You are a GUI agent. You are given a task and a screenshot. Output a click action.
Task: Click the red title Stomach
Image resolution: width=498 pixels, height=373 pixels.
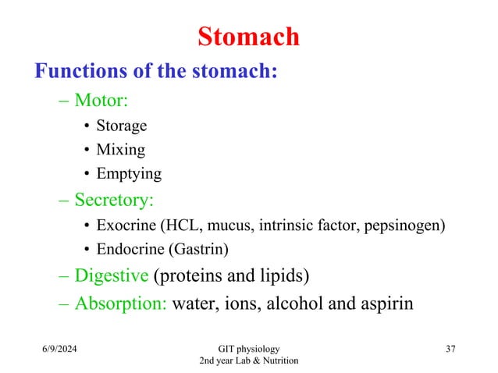coord(248,36)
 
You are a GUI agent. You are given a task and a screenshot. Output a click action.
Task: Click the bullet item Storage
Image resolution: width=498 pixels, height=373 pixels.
coord(121,126)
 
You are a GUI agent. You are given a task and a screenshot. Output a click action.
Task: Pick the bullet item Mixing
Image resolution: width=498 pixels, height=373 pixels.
coord(120,149)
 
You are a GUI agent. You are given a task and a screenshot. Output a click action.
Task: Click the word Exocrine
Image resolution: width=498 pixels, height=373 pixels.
coord(126,226)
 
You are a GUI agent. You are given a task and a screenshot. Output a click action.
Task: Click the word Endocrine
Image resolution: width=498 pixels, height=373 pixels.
coord(130,250)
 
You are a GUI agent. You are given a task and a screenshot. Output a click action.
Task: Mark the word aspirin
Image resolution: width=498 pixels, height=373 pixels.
coord(385,304)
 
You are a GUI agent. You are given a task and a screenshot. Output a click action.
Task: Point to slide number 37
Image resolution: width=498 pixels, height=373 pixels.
coord(450,349)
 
